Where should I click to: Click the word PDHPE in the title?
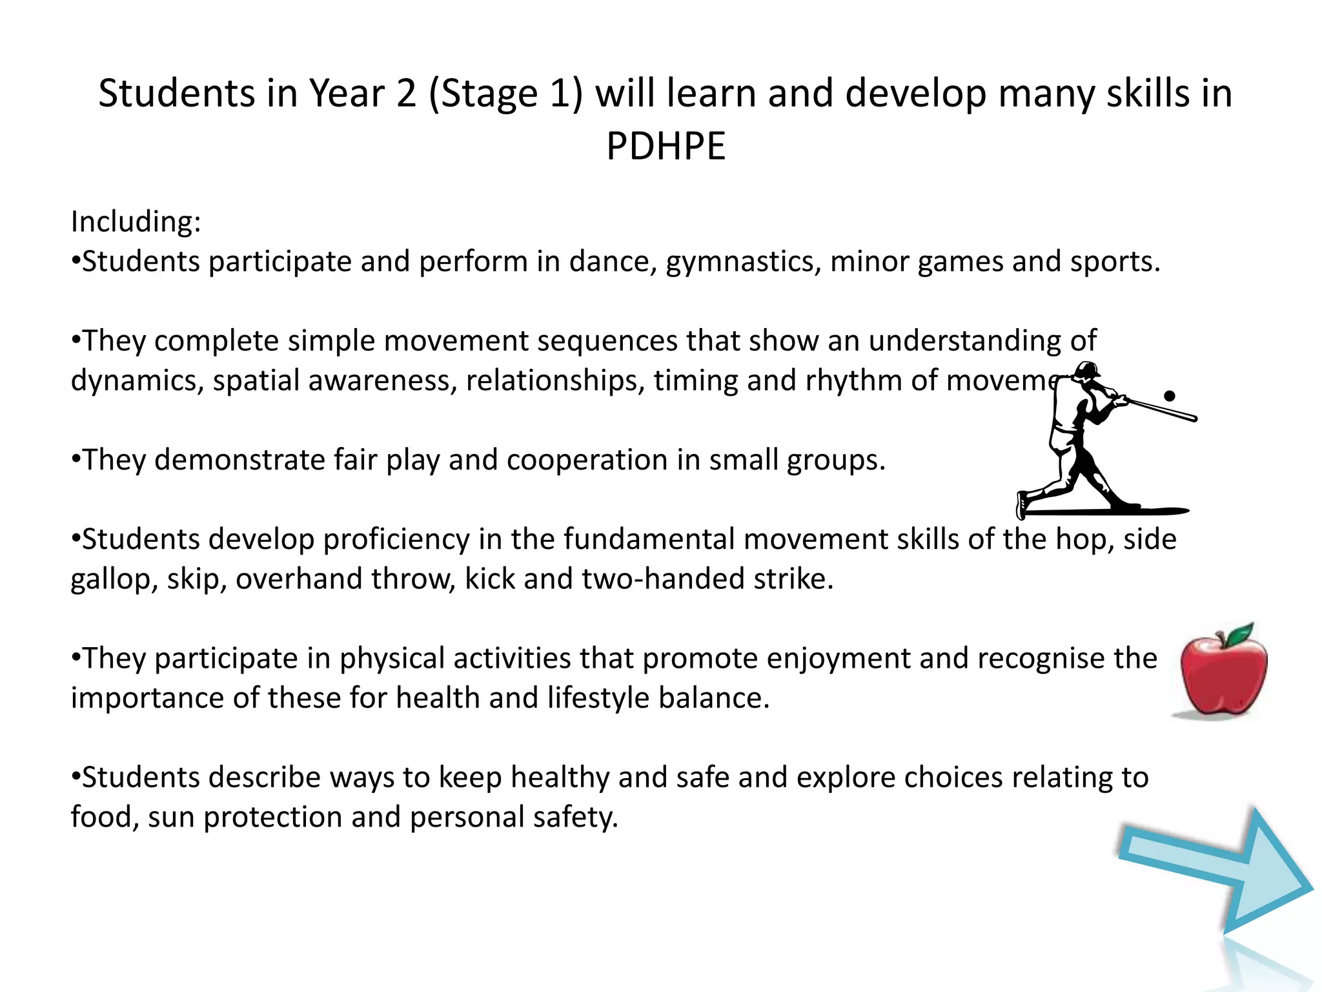(x=666, y=146)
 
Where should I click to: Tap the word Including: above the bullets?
(x=136, y=222)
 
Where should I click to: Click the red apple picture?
(x=1222, y=675)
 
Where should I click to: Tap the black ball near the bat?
(x=1169, y=396)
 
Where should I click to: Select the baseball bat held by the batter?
(x=1162, y=411)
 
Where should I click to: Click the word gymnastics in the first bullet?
(x=743, y=262)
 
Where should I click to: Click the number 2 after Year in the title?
(x=406, y=94)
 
